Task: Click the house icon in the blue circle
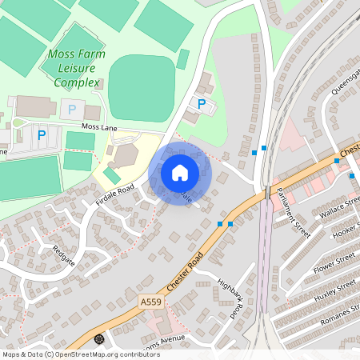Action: (x=180, y=172)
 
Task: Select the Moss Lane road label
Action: (x=99, y=127)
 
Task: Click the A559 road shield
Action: (x=150, y=302)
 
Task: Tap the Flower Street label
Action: (x=334, y=262)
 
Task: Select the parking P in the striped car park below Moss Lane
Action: (x=42, y=135)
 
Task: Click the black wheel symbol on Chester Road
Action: (x=99, y=339)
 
